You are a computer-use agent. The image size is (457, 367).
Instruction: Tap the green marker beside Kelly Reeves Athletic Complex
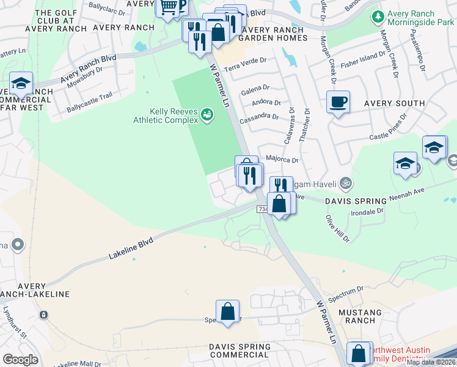[x=207, y=114]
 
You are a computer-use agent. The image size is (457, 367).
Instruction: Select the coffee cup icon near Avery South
[x=338, y=102]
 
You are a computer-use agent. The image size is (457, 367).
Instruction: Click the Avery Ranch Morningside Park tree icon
[x=378, y=15]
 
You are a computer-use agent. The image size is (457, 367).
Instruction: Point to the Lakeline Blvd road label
[x=130, y=248]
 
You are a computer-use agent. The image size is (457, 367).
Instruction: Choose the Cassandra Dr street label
[x=260, y=117]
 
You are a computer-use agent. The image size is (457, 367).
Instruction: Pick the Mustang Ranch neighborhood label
[x=360, y=316]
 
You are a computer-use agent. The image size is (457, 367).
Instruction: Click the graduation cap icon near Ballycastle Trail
[x=21, y=84]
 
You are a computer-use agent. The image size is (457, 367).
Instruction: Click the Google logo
[x=20, y=359]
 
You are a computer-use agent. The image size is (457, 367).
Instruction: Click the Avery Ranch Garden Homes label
[x=272, y=33]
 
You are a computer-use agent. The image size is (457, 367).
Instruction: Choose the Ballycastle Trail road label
[x=90, y=105]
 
